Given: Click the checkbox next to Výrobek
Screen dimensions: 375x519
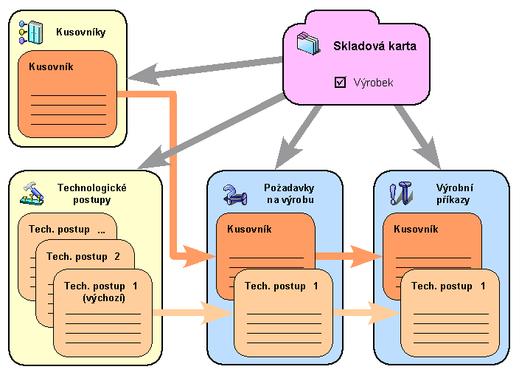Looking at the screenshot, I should point(340,83).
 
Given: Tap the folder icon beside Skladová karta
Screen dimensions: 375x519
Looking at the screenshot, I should point(309,44).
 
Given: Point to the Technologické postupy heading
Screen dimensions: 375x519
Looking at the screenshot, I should point(92,193).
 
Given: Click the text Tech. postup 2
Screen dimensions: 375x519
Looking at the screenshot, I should point(83,256).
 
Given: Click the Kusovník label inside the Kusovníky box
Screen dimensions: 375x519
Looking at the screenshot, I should point(51,66).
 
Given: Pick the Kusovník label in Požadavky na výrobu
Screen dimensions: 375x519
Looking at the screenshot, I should point(249,229).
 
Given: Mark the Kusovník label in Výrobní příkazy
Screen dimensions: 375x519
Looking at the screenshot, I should point(416,229).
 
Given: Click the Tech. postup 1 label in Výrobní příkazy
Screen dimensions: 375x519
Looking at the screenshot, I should point(448,285).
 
